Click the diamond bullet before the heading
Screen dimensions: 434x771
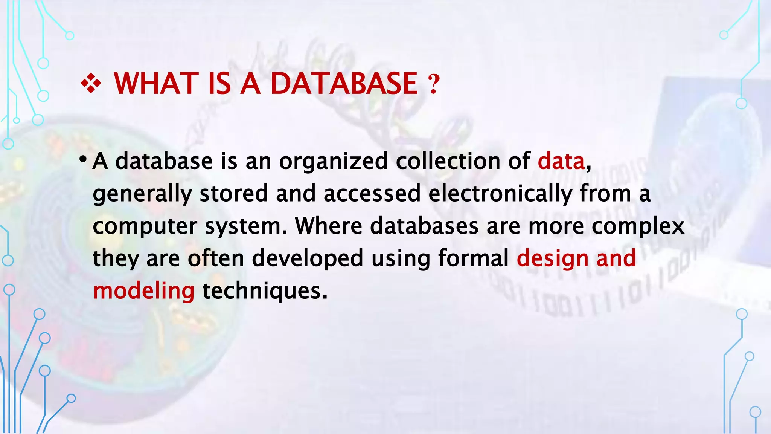91,83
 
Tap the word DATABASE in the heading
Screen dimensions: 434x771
344,83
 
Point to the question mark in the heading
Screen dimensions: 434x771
434,84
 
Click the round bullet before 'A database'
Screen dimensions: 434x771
82,160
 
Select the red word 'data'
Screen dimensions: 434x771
561,161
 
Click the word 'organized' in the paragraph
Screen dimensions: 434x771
333,162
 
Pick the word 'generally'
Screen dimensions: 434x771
142,194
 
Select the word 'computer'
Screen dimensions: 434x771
145,227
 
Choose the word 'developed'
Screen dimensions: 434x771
307,259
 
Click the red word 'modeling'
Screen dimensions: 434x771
143,292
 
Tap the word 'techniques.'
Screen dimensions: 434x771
265,292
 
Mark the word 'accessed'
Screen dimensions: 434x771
372,194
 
